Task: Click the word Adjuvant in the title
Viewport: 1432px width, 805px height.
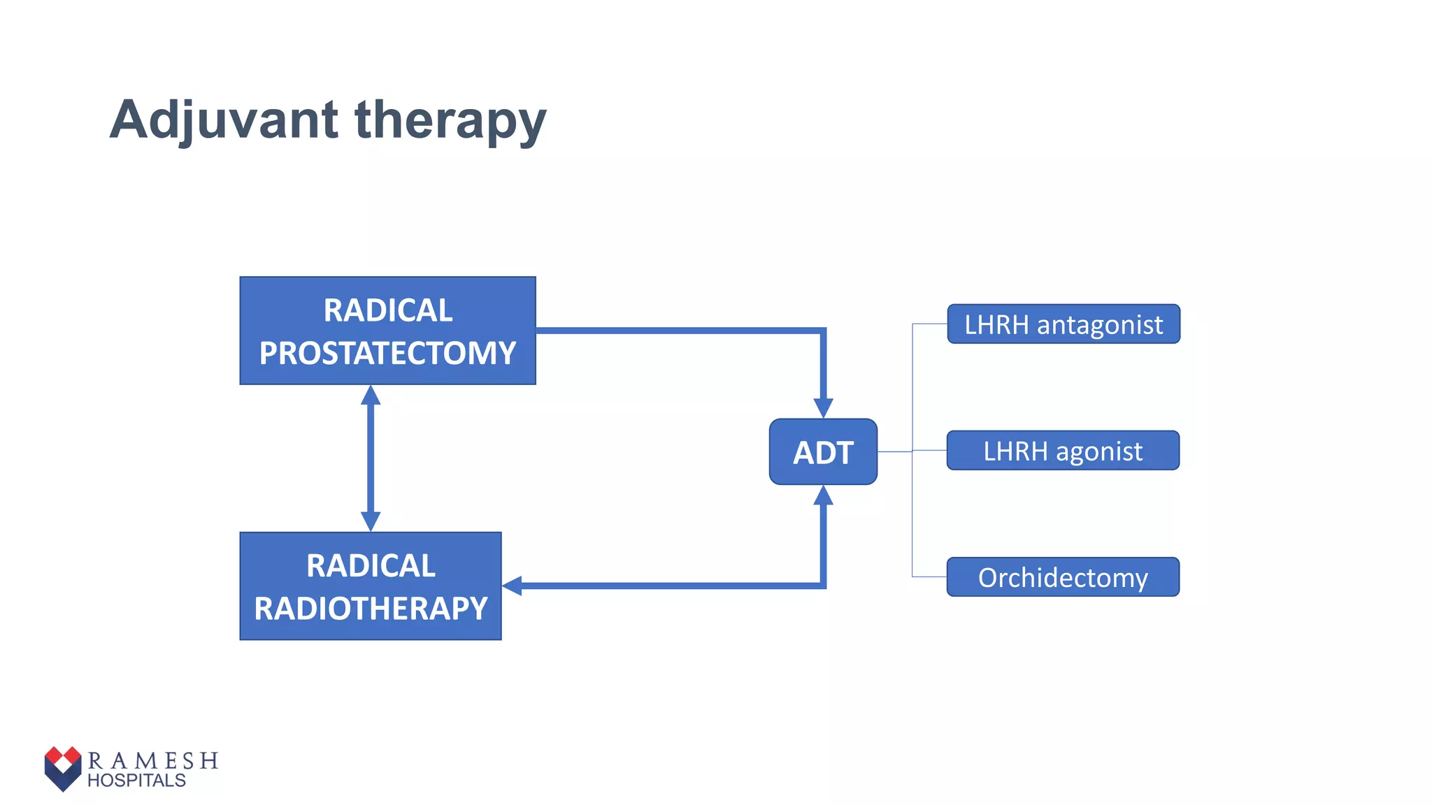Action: [224, 120]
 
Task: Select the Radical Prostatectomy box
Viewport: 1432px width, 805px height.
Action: [387, 331]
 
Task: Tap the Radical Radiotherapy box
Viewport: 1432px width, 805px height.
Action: [371, 586]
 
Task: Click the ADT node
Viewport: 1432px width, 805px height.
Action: [823, 452]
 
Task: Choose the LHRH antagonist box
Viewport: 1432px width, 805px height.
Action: [1063, 324]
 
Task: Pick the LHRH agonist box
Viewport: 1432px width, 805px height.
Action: [1063, 451]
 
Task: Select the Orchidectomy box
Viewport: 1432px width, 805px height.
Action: [1063, 577]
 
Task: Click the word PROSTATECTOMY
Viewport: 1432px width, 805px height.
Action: [387, 353]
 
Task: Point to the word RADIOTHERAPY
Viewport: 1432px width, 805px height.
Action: [371, 608]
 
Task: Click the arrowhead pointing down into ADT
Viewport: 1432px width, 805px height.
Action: [823, 407]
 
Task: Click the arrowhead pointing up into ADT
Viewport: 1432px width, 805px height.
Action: [823, 495]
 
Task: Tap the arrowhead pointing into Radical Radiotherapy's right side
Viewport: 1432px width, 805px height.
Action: [513, 586]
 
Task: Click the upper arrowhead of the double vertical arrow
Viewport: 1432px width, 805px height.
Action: [371, 396]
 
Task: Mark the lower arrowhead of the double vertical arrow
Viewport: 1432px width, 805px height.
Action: [371, 521]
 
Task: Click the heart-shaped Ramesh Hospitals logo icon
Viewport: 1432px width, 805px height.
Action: [63, 768]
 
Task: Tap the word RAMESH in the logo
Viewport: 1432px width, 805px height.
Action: [153, 760]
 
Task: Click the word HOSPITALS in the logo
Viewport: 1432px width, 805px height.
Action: [136, 781]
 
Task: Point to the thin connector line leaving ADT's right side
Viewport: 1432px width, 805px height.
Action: [894, 451]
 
